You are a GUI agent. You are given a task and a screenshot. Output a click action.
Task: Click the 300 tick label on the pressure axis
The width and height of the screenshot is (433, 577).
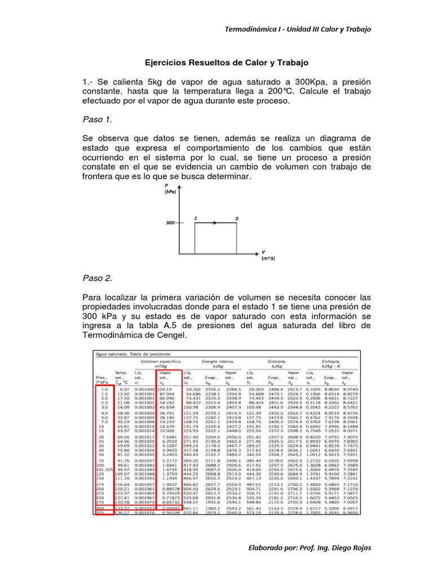click(170, 222)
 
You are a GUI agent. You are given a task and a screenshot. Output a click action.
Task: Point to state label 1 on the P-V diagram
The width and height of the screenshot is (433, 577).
click(195, 218)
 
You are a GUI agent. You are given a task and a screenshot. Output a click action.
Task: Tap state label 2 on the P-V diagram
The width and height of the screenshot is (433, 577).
click(237, 218)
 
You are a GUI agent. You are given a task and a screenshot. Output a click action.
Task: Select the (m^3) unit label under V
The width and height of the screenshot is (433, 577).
click(268, 259)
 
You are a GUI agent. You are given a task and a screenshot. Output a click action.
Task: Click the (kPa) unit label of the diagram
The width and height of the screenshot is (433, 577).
click(171, 192)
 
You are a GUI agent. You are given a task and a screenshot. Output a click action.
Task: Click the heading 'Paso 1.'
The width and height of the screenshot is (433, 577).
click(97, 119)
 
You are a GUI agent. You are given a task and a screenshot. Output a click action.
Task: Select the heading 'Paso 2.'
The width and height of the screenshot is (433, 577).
click(97, 278)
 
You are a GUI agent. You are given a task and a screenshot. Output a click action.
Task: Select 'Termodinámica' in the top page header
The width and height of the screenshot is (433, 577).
click(252, 29)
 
